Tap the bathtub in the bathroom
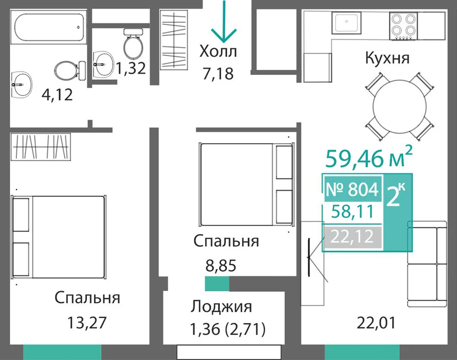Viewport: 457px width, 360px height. point(49,27)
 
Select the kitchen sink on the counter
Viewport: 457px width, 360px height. point(346,23)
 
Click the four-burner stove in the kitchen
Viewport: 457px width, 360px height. point(404,26)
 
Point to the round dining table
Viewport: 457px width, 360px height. point(399,107)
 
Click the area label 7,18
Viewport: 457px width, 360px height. point(218,74)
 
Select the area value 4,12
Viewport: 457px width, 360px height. point(57,95)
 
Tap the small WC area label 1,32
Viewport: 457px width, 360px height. point(131,68)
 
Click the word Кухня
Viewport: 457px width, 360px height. point(388,58)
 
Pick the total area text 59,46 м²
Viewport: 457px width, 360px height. point(369,157)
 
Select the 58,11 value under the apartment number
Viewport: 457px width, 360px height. point(352,211)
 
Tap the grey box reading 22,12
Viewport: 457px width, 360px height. point(352,236)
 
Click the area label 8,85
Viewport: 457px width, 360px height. point(221,266)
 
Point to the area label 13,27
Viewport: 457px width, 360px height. point(87,322)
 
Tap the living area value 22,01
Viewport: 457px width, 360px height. point(376,323)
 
